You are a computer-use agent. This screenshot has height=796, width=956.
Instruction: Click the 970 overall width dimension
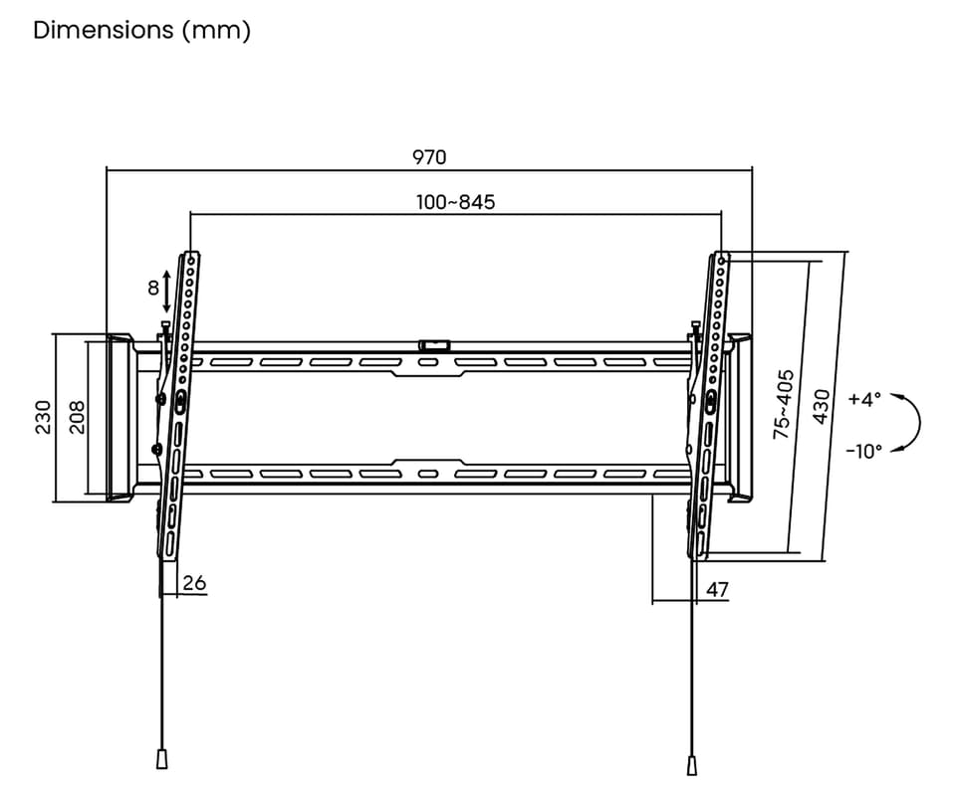point(430,157)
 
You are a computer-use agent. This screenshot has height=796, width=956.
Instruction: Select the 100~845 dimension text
point(455,202)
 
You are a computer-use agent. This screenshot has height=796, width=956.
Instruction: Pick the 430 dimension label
point(823,406)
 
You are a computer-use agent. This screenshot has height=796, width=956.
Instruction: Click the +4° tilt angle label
point(864,400)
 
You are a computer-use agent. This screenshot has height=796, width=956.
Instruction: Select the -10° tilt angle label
point(863,451)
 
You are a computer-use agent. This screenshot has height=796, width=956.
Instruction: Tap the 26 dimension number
point(195,583)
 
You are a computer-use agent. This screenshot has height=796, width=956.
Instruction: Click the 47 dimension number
point(717,590)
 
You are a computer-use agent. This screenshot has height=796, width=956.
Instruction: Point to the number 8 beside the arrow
point(152,289)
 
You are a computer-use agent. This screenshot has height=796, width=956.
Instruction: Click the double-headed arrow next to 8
point(166,290)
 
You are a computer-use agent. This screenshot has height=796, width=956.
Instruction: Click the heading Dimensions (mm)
point(141,30)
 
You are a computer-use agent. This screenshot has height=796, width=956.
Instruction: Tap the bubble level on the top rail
point(434,345)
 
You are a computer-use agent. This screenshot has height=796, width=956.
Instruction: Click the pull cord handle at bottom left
point(160,758)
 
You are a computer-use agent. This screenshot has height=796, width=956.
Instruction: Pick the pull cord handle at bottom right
point(691,764)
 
